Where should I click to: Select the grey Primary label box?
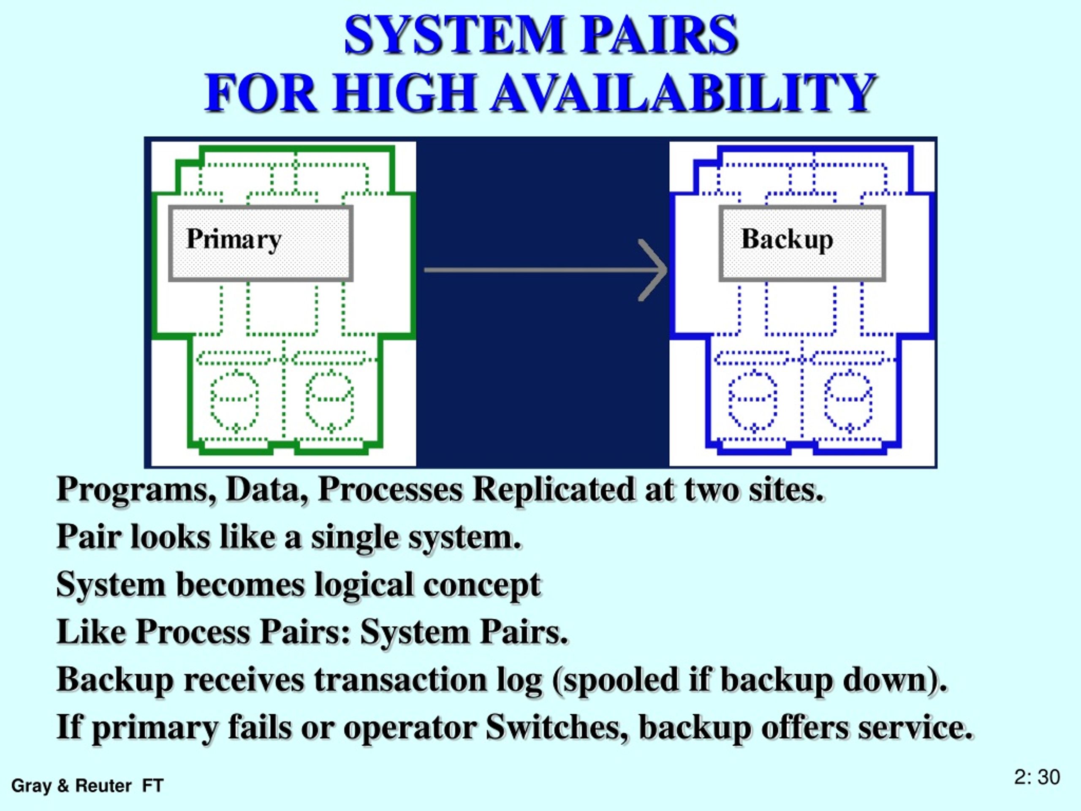[x=261, y=243]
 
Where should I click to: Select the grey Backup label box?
[x=802, y=243]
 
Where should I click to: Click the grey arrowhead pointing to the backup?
[x=654, y=270]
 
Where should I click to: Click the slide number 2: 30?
[x=1037, y=777]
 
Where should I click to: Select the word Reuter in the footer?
[x=103, y=786]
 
